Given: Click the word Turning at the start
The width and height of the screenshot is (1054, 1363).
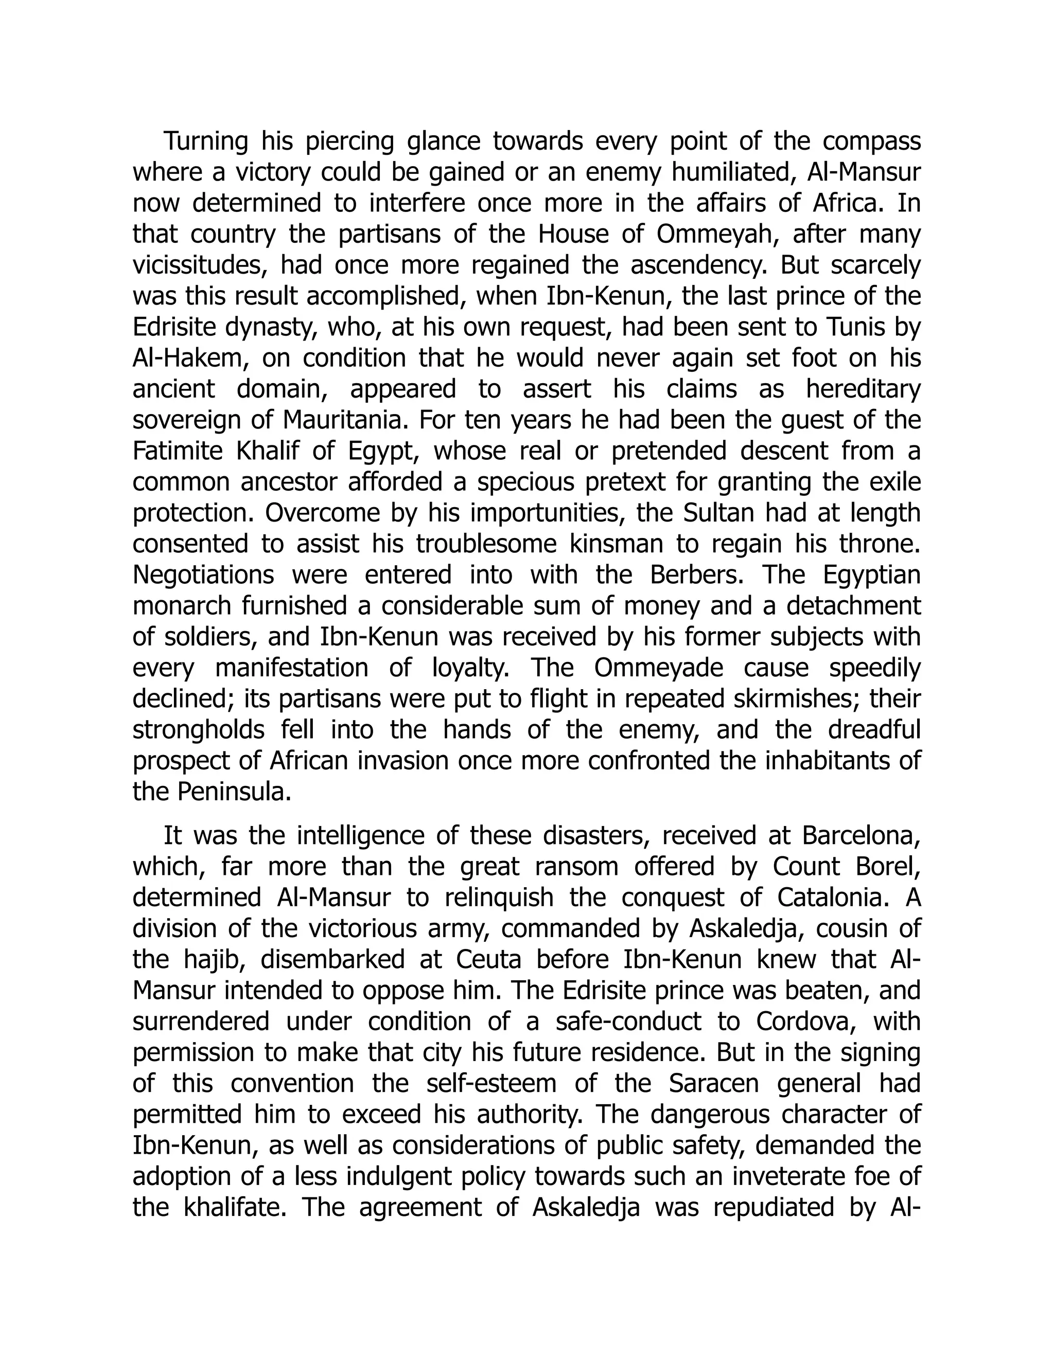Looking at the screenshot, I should click(x=205, y=141).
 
